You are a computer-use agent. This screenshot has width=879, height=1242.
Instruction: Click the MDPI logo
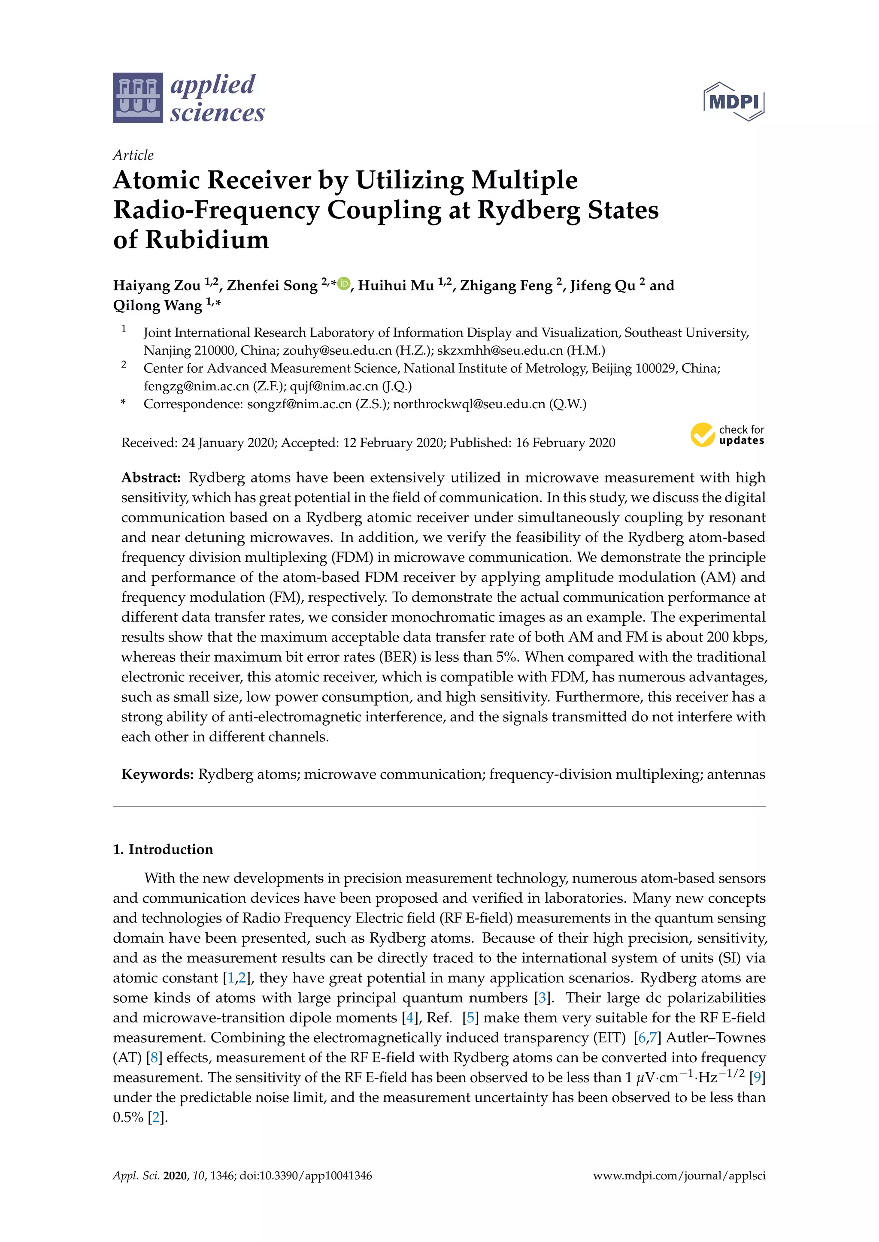point(734,101)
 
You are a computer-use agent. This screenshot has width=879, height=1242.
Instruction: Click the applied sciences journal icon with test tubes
point(137,98)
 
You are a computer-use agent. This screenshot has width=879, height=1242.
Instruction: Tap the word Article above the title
point(133,155)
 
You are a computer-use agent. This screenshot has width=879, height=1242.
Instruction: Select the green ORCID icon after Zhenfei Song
point(344,283)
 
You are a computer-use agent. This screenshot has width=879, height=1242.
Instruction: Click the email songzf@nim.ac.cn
point(299,404)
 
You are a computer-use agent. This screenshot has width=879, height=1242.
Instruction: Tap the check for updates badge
point(727,435)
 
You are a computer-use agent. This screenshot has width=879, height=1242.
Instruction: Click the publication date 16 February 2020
point(565,443)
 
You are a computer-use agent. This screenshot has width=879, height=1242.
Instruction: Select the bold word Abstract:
point(151,478)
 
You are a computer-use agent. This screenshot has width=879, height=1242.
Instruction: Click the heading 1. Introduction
point(163,849)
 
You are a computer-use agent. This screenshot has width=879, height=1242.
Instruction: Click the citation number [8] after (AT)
point(154,1058)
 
